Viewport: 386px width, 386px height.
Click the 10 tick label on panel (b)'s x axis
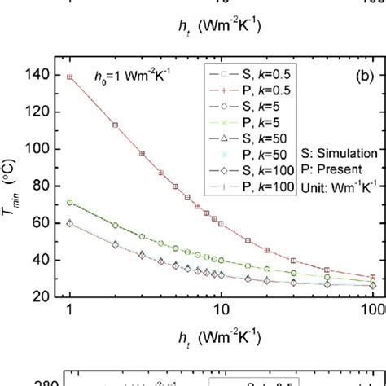click(x=219, y=313)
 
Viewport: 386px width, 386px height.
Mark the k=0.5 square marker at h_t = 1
click(x=69, y=77)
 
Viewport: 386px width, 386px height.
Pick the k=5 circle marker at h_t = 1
click(x=69, y=202)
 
